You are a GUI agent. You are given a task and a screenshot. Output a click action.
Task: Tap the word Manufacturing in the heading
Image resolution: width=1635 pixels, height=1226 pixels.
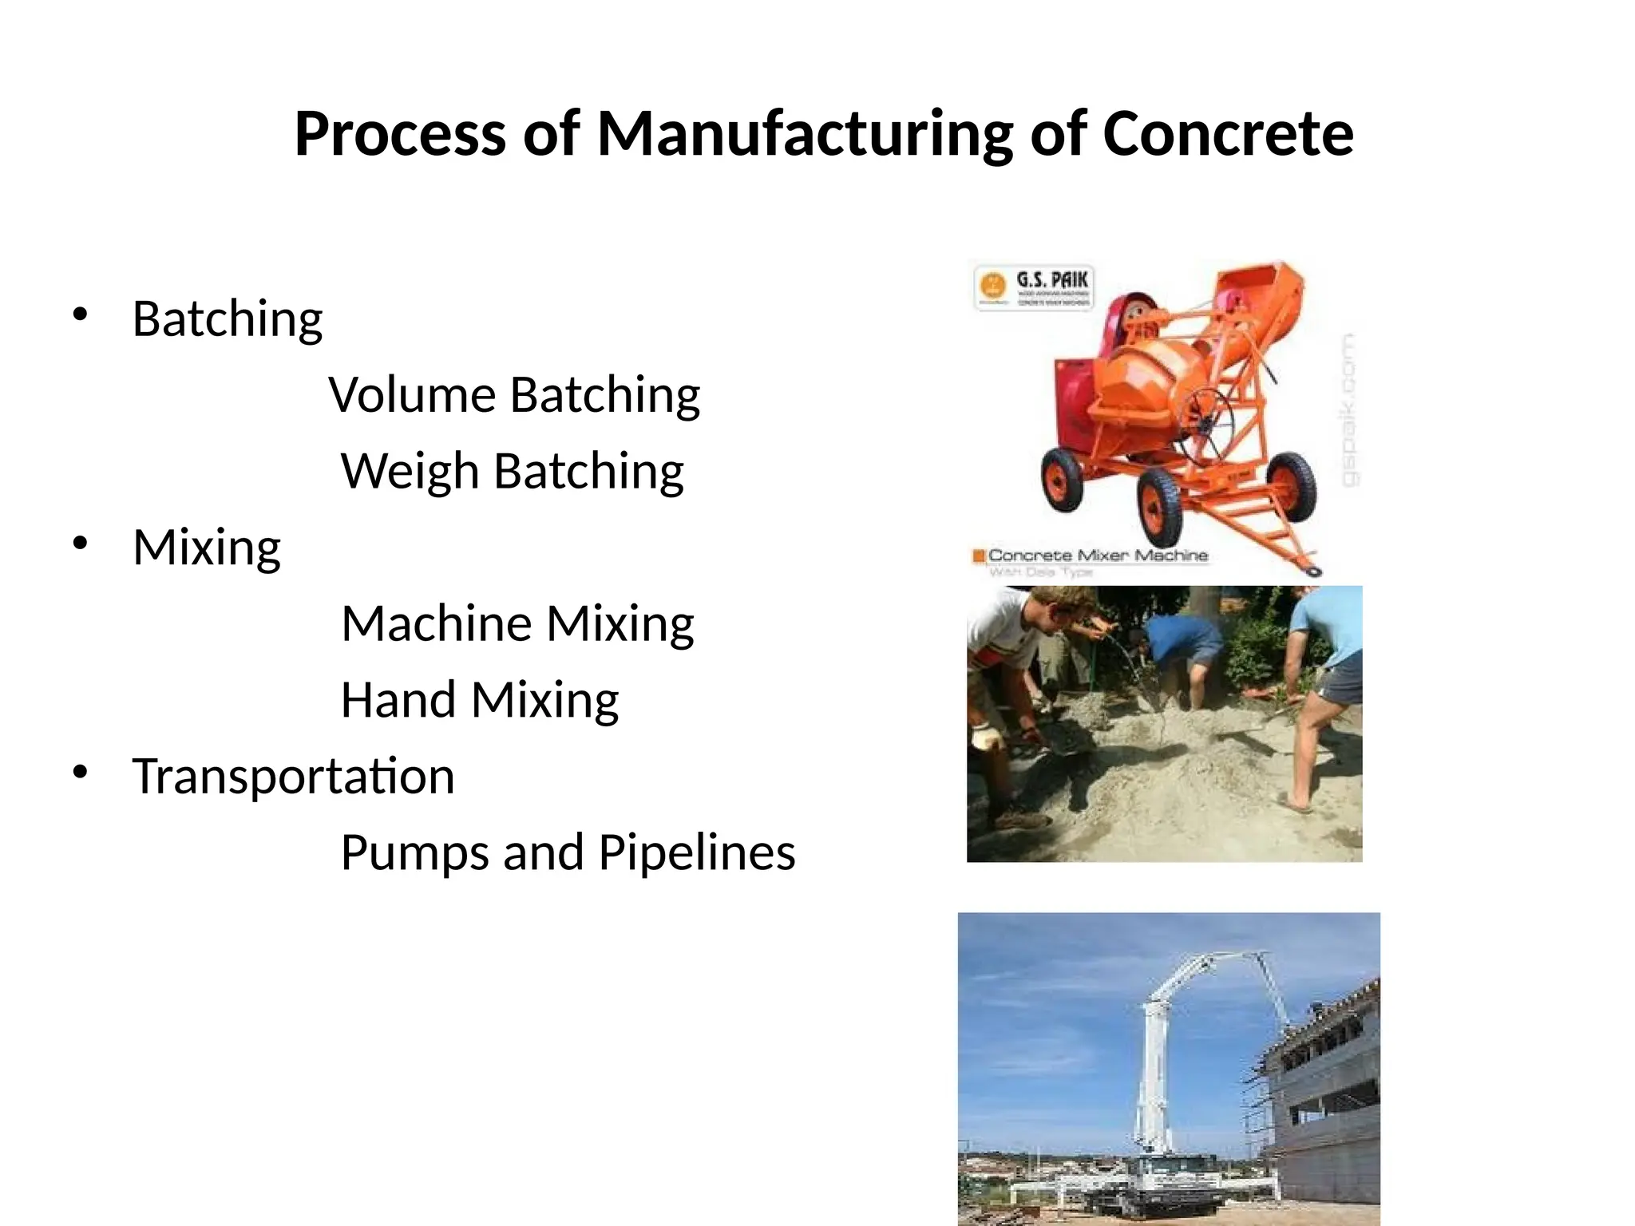pyautogui.click(x=805, y=133)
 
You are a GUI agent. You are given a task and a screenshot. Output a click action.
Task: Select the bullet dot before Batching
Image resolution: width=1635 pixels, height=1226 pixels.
pyautogui.click(x=80, y=314)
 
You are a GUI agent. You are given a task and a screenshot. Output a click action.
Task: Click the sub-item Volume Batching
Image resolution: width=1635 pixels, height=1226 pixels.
pyautogui.click(x=514, y=394)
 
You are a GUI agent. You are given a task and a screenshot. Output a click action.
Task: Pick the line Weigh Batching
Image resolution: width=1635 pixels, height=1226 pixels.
pyautogui.click(x=512, y=471)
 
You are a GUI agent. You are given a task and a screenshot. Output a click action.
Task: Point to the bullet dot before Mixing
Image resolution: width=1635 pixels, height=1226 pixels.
pyautogui.click(x=80, y=544)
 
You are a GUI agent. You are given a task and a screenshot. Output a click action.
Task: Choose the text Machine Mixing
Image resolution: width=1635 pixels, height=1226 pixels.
pyautogui.click(x=517, y=623)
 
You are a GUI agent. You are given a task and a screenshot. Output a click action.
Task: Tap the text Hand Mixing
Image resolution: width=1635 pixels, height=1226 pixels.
pyautogui.click(x=479, y=700)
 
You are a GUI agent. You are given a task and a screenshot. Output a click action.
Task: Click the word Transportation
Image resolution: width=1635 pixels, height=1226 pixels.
pyautogui.click(x=293, y=776)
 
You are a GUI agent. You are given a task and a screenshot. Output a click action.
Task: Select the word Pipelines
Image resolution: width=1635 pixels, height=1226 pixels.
pyautogui.click(x=696, y=852)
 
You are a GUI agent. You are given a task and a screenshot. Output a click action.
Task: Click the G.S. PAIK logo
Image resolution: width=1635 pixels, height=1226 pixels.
pyautogui.click(x=1035, y=288)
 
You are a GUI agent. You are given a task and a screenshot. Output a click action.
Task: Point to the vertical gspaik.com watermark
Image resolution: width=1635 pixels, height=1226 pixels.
pyautogui.click(x=1348, y=410)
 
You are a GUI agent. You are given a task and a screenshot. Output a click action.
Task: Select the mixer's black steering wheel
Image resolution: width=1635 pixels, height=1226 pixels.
pyautogui.click(x=1205, y=428)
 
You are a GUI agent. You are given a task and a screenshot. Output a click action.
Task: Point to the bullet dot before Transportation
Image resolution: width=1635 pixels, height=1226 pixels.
pyautogui.click(x=80, y=773)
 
